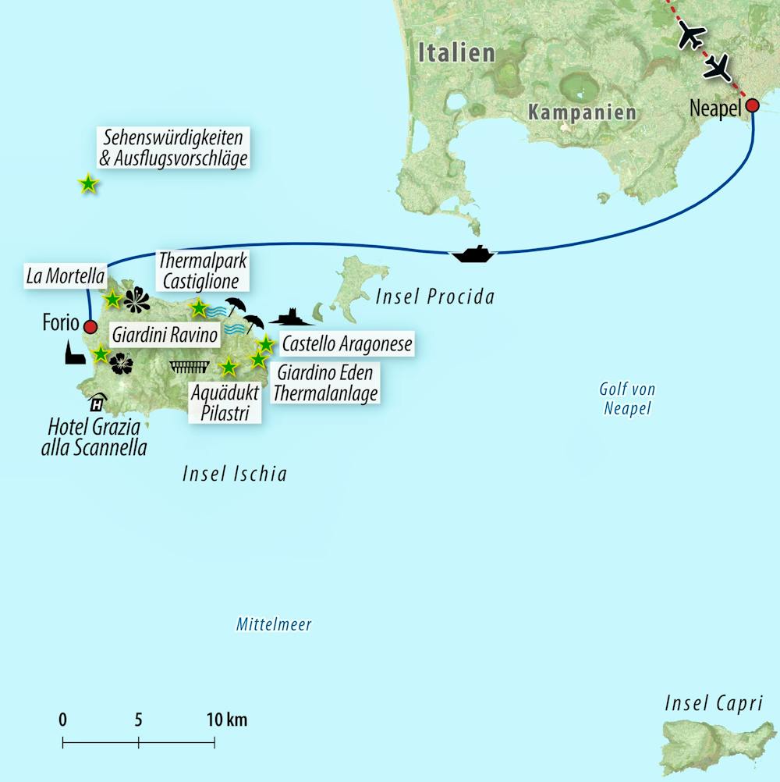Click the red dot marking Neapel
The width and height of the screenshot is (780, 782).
coord(753,105)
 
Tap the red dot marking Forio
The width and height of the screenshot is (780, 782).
coord(90,327)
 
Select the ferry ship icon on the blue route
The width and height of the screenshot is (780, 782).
coord(473,254)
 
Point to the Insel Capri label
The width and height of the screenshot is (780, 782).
coord(713,703)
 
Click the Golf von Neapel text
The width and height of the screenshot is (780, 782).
coord(626,398)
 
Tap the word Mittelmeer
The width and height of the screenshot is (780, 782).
coord(274,624)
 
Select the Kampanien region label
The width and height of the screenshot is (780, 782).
coord(582,112)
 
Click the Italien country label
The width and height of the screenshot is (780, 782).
coord(457,52)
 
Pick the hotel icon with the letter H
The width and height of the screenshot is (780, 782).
coord(97,402)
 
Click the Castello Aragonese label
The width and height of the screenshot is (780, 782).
coord(346,344)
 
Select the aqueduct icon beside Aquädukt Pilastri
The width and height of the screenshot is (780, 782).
coord(190,366)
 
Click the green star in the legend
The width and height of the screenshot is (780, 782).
coord(88,184)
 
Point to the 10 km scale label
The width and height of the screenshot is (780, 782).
coord(226,720)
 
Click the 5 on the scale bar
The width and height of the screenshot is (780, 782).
coord(138,720)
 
